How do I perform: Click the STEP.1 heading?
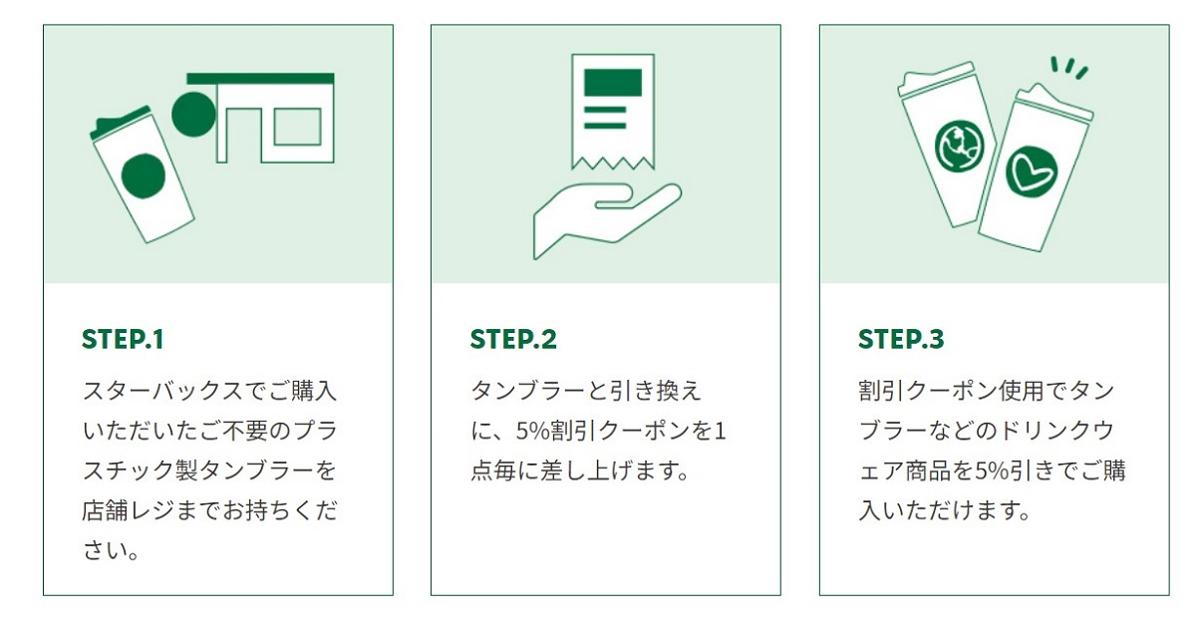coord(123,340)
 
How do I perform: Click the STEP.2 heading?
coord(513,340)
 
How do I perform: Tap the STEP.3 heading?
coord(901,340)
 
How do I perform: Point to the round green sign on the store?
coord(193,115)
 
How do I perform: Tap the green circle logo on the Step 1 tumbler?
coord(144,175)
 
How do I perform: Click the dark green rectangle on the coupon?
coord(612,82)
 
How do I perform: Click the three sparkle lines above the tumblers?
coord(1069,68)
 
